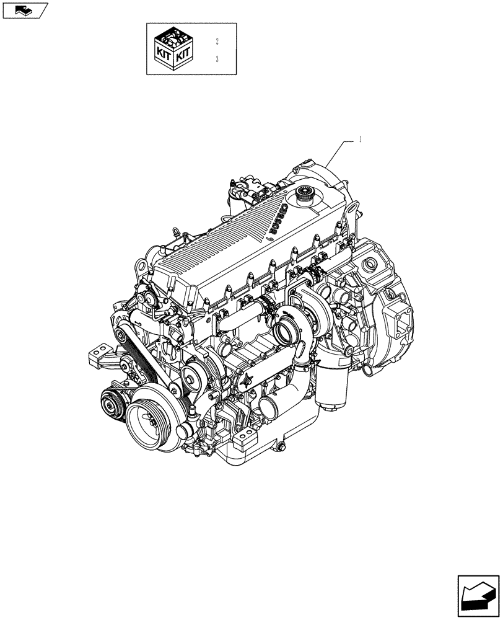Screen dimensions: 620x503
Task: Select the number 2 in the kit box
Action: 217,42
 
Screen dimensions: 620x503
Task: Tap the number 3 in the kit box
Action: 217,60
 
